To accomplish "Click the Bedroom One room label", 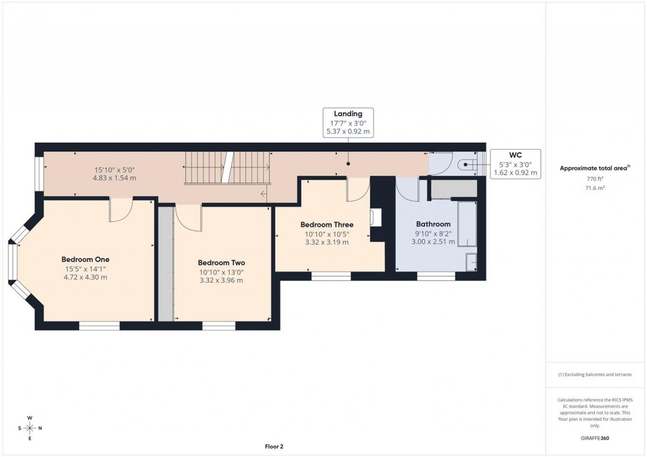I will coord(86,259).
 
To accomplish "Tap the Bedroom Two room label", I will coord(221,262).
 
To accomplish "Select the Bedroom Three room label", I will coord(327,224).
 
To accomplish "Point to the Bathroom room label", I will coord(433,224).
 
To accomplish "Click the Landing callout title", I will coord(348,114).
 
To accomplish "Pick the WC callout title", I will coord(515,155).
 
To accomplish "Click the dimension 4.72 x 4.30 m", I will coord(86,277).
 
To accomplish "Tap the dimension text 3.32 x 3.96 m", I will coord(221,280).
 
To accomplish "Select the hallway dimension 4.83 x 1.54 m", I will coord(114,178).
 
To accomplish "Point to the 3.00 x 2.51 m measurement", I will coord(433,241).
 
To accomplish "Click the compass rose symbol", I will coord(30,428).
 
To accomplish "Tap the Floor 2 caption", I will coord(274,446).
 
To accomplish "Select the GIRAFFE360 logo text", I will coord(596,437).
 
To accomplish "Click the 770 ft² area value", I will coord(595,179).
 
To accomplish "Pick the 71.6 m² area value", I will coord(595,188).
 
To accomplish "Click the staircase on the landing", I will coord(227,167).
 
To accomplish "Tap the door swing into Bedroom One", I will coord(120,210).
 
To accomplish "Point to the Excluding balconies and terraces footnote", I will coord(595,375).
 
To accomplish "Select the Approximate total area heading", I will coord(594,168).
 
